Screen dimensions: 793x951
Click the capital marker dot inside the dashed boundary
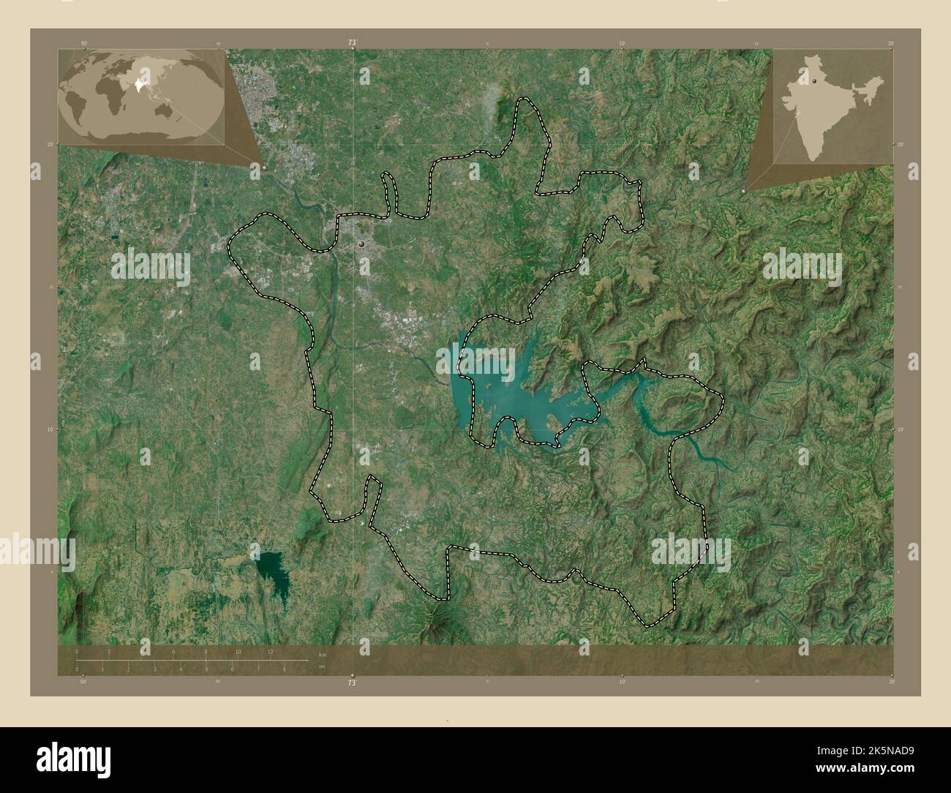pyautogui.click(x=362, y=243)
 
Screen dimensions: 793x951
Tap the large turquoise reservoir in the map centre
pyautogui.click(x=512, y=395)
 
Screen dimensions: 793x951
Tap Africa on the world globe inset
pyautogui.click(x=110, y=91)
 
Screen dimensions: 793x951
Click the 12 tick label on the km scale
pyautogui.click(x=270, y=652)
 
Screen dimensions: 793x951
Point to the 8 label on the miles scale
pyautogui.click(x=284, y=669)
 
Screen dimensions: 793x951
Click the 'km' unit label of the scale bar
pyautogui.click(x=321, y=653)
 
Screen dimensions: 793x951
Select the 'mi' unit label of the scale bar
pyautogui.click(x=320, y=667)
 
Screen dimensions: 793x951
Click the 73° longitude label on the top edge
pyautogui.click(x=353, y=43)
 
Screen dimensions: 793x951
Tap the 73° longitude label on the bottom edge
pyautogui.click(x=353, y=682)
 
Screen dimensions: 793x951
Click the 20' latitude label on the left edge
pyautogui.click(x=52, y=145)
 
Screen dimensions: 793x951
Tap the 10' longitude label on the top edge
pyautogui.click(x=622, y=44)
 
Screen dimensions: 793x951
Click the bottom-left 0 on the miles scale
pyautogui.click(x=77, y=669)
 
